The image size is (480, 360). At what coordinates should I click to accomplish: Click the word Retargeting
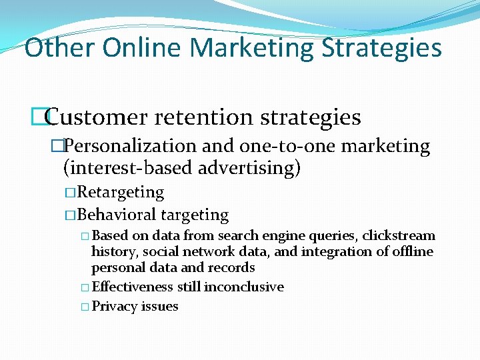tap(121, 192)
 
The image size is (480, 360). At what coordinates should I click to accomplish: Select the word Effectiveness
tap(133, 287)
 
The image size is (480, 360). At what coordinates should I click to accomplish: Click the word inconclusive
tap(244, 287)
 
